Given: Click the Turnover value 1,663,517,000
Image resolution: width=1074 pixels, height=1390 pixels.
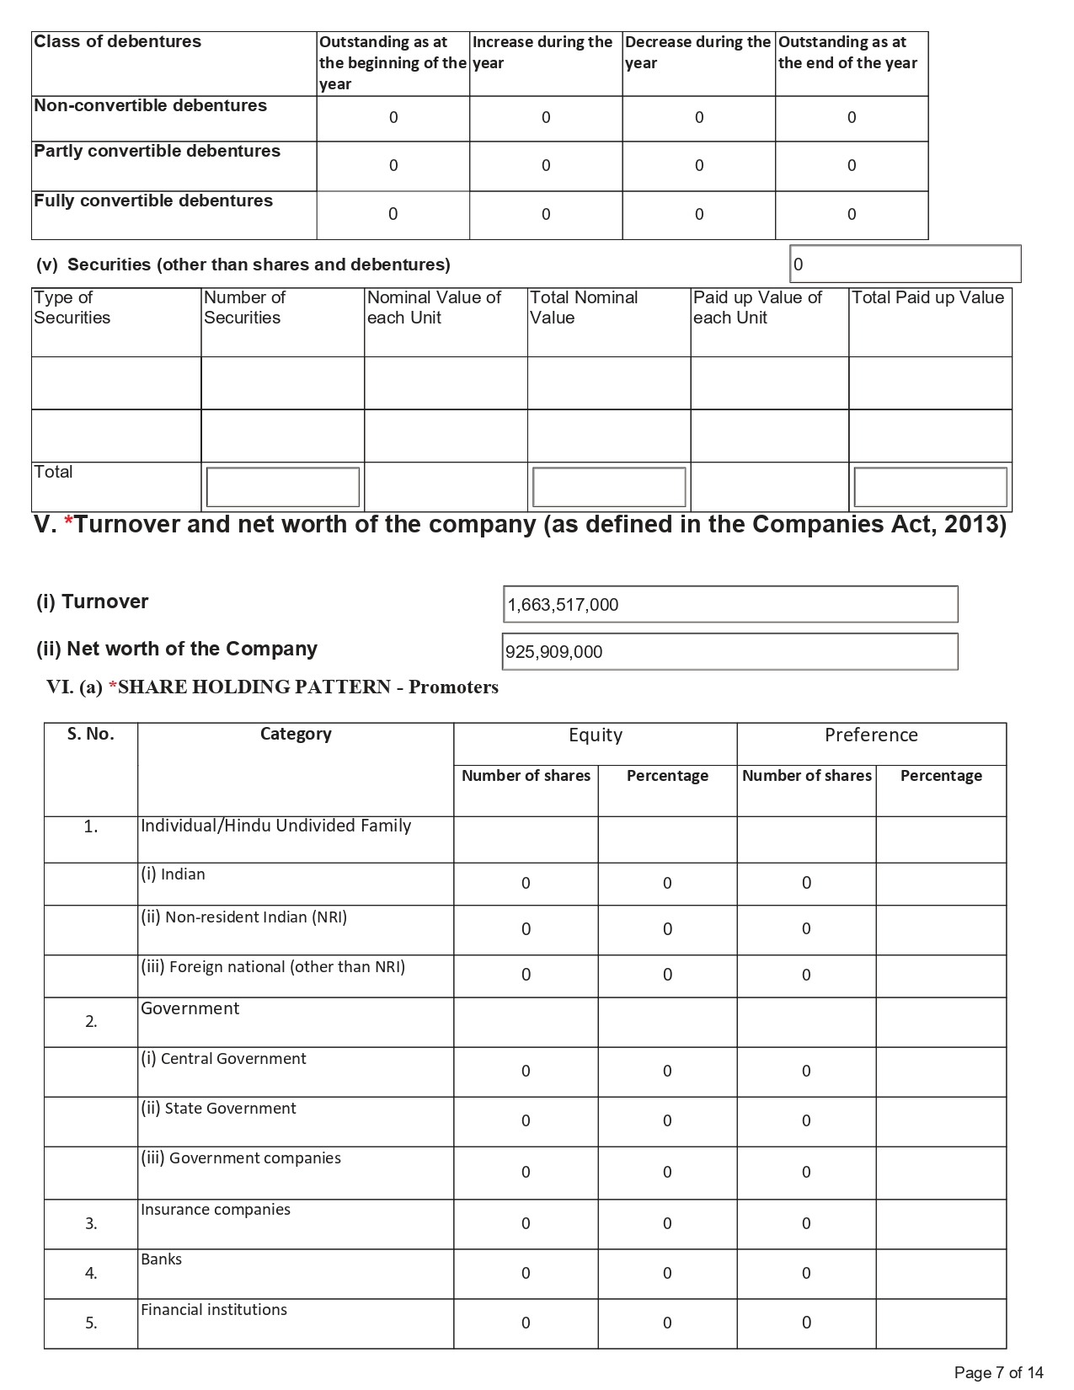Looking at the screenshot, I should tap(563, 605).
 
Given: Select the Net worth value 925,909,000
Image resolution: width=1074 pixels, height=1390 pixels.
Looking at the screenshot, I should tap(554, 652).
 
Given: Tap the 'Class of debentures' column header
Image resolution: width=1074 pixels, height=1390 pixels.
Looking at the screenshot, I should tap(118, 42).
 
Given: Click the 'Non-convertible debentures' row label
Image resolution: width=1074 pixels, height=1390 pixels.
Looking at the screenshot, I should tap(150, 106).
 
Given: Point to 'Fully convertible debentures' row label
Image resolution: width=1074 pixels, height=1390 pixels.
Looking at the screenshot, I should tap(153, 201).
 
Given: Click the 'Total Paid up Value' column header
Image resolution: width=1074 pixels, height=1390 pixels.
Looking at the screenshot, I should tap(927, 298).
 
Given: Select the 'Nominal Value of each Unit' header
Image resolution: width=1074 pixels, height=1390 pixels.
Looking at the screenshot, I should tap(434, 307).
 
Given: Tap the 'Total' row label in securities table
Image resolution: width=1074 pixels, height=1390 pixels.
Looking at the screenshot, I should tap(53, 473).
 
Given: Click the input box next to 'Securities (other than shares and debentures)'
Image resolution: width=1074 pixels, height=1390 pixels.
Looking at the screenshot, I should tap(905, 265).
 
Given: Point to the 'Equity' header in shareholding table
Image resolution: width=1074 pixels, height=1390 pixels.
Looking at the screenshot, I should tap(595, 735).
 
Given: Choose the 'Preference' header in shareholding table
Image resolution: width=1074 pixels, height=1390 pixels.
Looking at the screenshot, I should tap(871, 735).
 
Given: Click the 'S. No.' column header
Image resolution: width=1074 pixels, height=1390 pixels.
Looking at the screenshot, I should tap(90, 735).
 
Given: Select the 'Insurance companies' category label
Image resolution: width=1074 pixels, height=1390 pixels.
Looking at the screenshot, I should tap(216, 1211).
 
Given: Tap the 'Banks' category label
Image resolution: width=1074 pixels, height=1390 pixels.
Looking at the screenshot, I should tap(162, 1260).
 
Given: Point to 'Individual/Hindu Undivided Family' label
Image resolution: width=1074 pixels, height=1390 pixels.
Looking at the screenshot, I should tap(275, 826).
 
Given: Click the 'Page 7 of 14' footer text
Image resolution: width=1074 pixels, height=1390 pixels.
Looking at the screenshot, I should tap(998, 1373).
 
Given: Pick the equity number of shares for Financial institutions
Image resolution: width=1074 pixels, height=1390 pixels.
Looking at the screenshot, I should tap(526, 1323).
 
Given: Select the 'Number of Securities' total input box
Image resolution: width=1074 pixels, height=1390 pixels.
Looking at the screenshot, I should tap(283, 487).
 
